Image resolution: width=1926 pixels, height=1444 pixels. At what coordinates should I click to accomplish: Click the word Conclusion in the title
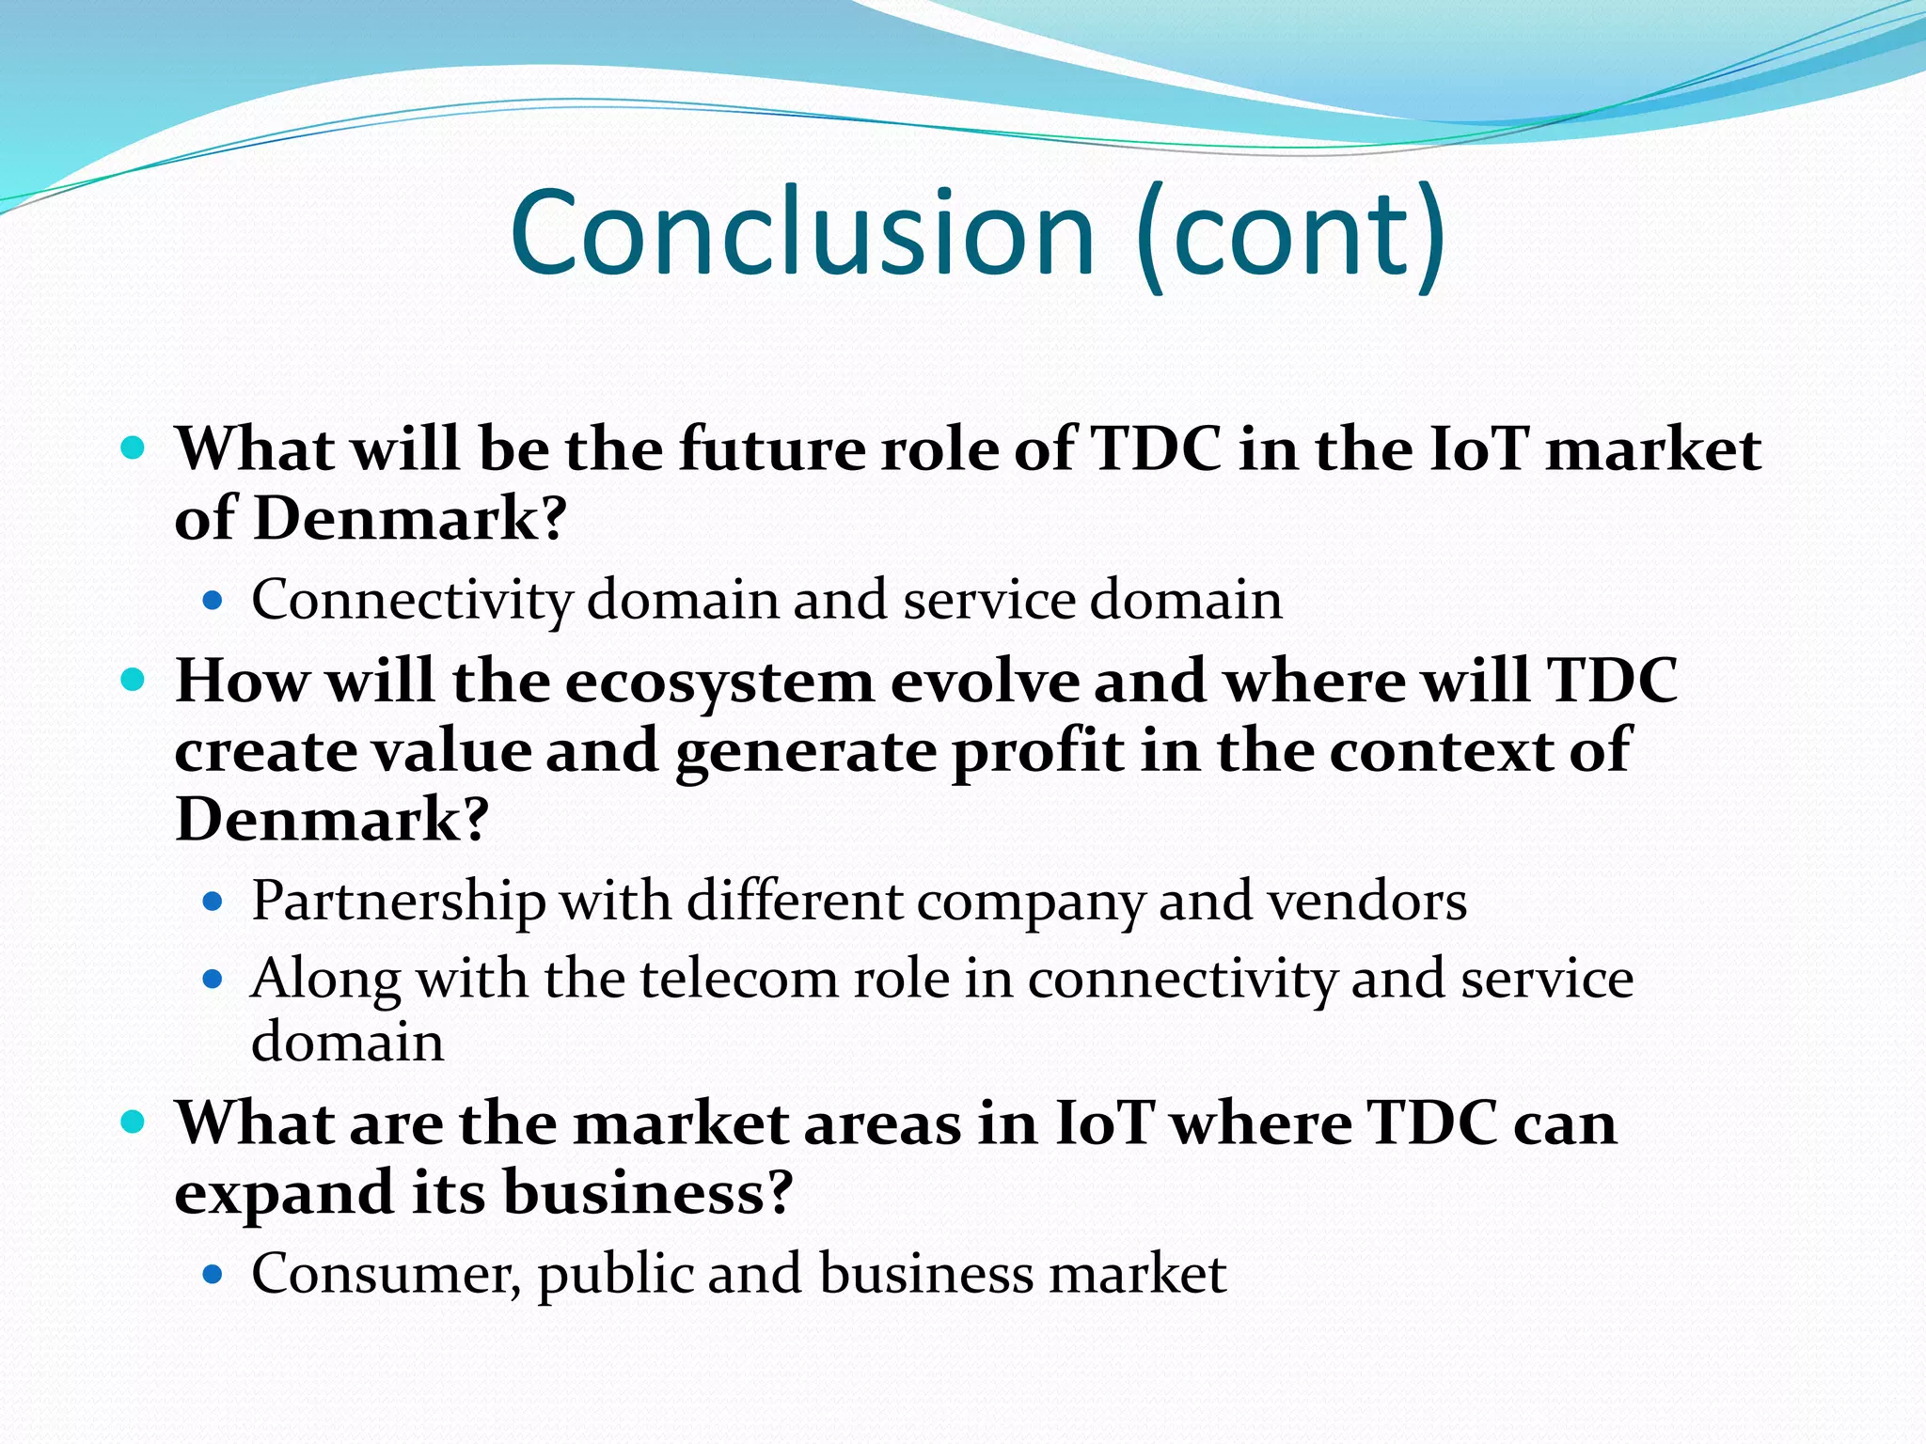802,233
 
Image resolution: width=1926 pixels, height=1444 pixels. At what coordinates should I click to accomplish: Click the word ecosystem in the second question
719,682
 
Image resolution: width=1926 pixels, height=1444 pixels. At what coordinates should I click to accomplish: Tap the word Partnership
399,902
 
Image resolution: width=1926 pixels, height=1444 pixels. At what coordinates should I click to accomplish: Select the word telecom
740,980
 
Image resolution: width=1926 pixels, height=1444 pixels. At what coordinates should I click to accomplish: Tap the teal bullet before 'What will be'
134,447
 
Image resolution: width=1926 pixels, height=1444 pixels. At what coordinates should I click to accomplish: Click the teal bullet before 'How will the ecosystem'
134,680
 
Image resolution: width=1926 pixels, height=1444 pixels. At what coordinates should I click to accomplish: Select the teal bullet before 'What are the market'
134,1122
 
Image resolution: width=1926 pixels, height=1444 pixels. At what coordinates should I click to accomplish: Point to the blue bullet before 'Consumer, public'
213,1275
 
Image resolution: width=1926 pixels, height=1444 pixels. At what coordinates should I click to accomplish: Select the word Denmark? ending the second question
332,820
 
